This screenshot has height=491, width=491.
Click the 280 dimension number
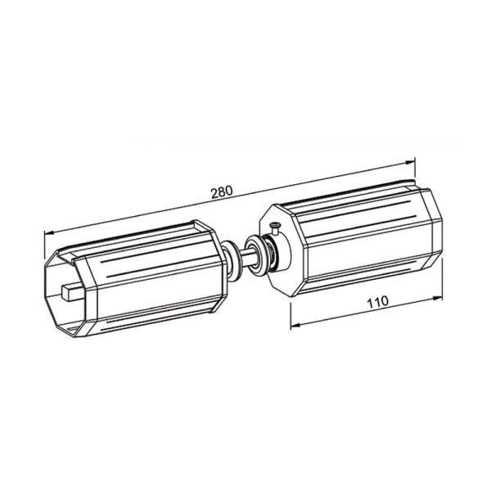tap(222, 192)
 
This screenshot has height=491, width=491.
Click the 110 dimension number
tap(377, 302)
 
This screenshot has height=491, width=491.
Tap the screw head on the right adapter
tap(276, 224)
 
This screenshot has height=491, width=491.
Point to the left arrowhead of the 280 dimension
tap(49, 232)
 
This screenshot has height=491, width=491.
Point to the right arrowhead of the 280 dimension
tap(410, 162)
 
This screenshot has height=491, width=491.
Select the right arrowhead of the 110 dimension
tap(438, 298)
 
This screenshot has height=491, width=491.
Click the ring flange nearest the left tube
tap(231, 259)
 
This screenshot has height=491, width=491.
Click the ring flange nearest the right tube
tap(257, 254)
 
